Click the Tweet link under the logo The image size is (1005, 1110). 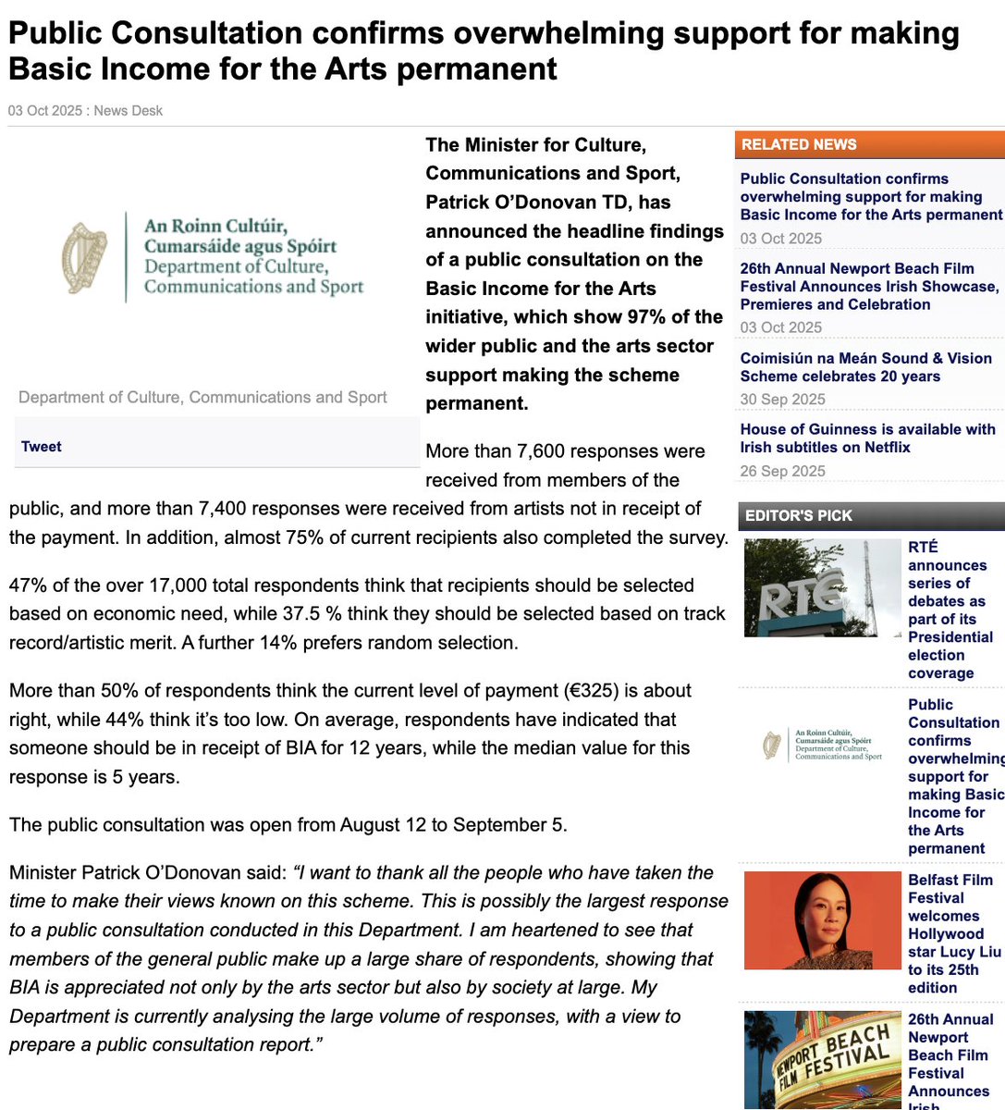pyautogui.click(x=42, y=447)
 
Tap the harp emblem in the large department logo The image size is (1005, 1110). pyautogui.click(x=85, y=256)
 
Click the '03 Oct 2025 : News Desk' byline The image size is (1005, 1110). pyautogui.click(x=85, y=111)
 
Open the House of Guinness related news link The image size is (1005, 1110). pyautogui.click(x=867, y=438)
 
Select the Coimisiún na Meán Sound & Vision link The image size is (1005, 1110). pyautogui.click(x=865, y=367)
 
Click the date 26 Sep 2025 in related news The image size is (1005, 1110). pyautogui.click(x=782, y=471)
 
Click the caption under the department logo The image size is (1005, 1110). pyautogui.click(x=202, y=398)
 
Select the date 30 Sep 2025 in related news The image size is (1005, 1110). pyautogui.click(x=782, y=400)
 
